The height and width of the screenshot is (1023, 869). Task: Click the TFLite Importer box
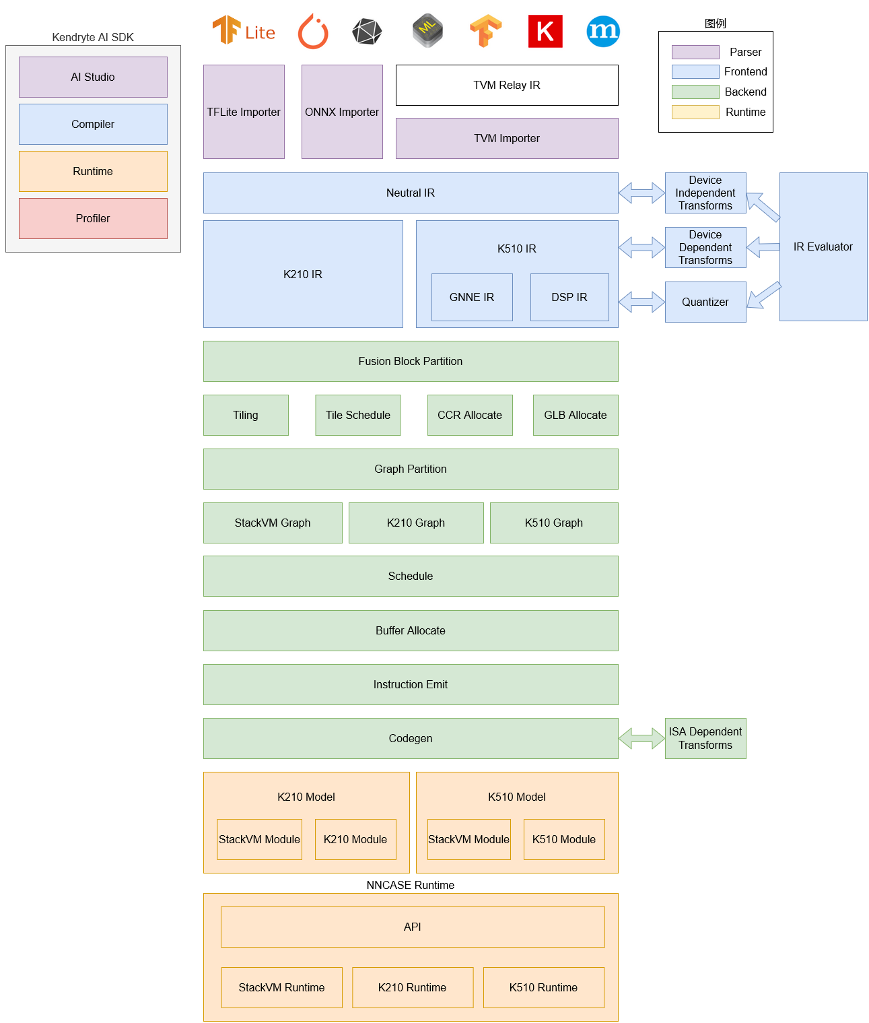244,112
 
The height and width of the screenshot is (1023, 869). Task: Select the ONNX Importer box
342,112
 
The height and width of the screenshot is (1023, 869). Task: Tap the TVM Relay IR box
507,85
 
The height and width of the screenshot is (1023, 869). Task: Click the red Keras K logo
545,31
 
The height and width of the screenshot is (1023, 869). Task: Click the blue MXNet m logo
602,31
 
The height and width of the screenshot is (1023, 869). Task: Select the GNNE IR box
472,297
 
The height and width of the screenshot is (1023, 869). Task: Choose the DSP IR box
569,297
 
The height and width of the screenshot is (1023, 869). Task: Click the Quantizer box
705,302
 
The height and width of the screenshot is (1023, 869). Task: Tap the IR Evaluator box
823,246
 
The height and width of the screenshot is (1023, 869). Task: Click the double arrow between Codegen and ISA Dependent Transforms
641,738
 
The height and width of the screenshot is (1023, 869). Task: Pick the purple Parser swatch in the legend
695,52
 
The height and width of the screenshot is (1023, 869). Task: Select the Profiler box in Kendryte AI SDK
93,218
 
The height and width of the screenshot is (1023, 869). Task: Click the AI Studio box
93,77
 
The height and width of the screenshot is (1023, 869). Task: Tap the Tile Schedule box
358,415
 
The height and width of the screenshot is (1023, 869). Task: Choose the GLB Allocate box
576,415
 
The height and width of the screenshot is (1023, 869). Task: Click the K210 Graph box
416,523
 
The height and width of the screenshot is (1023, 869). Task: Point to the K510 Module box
564,839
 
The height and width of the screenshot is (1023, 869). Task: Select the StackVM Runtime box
281,987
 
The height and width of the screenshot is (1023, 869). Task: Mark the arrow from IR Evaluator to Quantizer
764,295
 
